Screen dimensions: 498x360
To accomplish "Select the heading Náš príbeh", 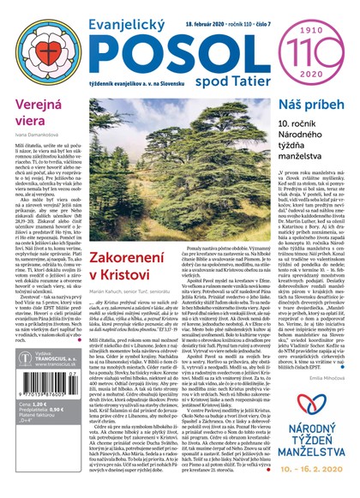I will click(302, 104).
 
